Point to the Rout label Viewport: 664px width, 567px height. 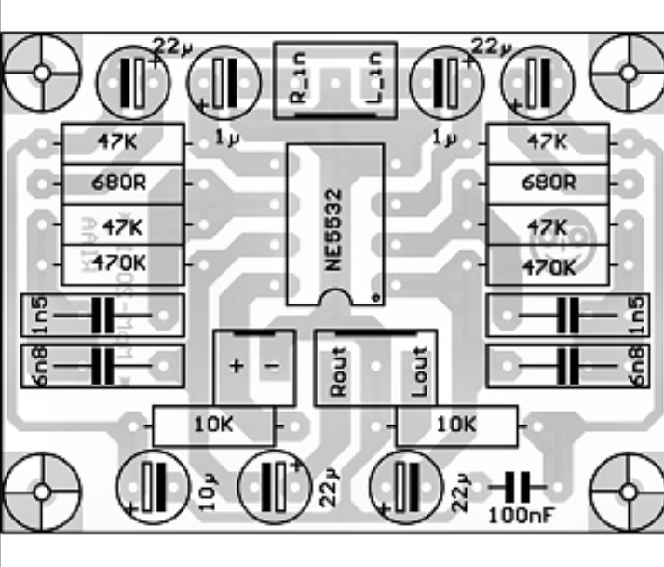pyautogui.click(x=338, y=372)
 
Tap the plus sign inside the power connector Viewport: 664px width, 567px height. pyautogui.click(x=236, y=366)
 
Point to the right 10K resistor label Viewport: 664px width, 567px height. pyautogui.click(x=454, y=425)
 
